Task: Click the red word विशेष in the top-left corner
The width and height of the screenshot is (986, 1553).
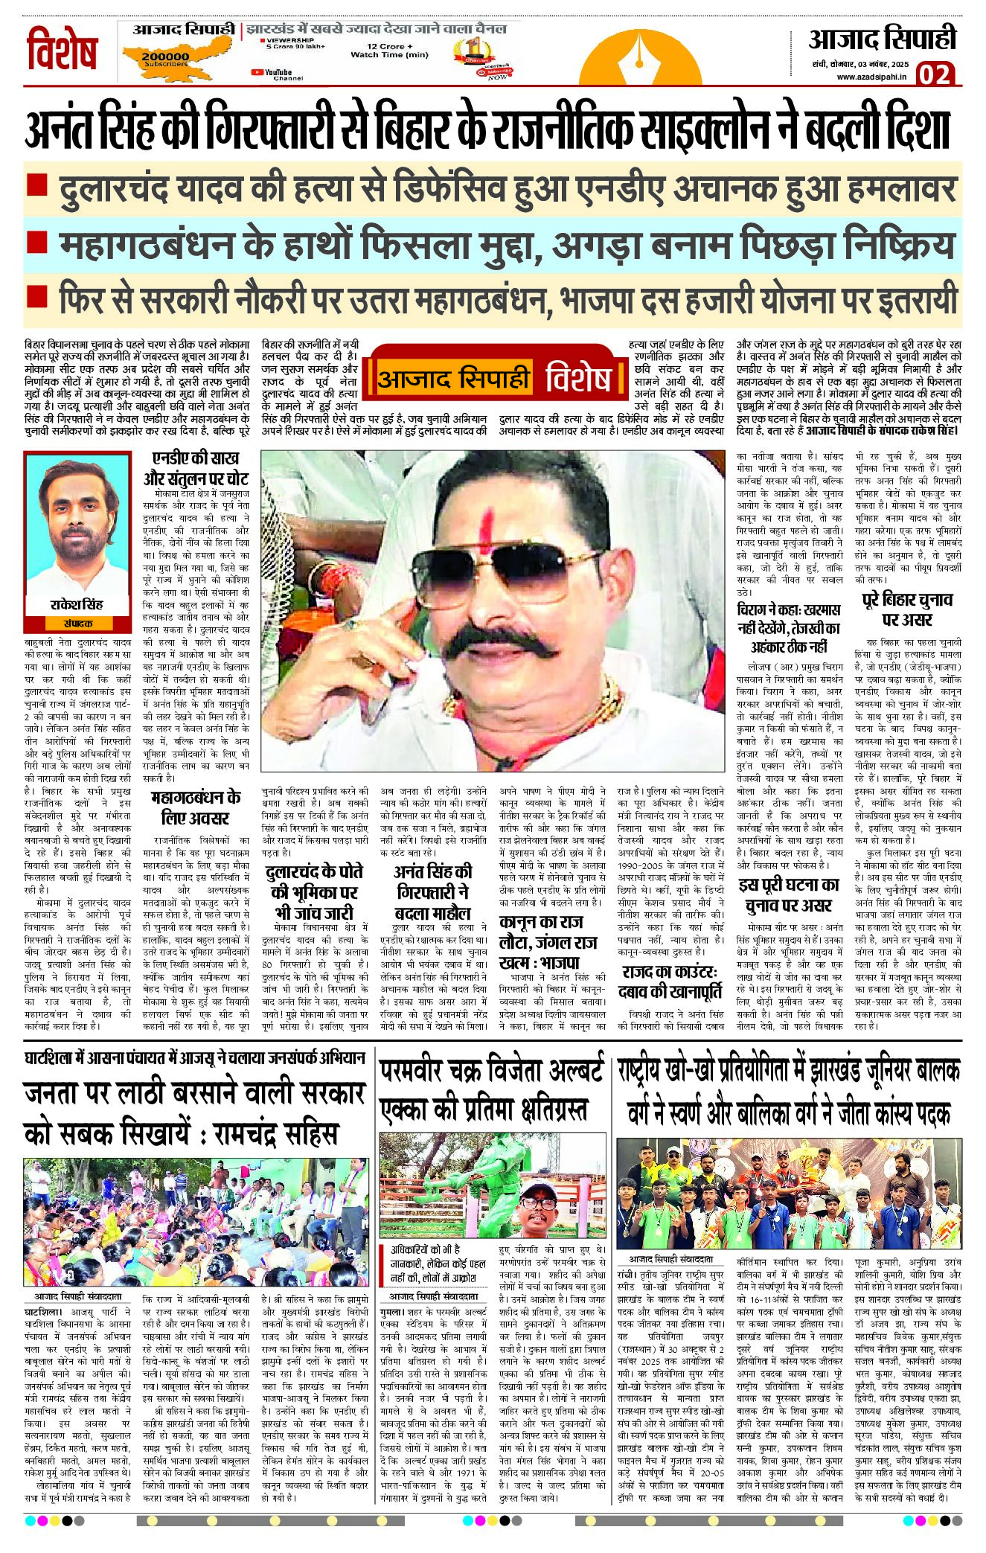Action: (62, 50)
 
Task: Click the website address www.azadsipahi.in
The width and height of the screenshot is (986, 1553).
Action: (871, 76)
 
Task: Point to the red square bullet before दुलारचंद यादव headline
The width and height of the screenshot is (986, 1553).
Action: (37, 186)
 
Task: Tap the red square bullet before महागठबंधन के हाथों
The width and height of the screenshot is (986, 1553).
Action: (37, 242)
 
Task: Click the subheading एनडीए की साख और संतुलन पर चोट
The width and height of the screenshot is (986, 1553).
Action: (196, 469)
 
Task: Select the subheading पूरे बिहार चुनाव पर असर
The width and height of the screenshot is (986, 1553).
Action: (907, 610)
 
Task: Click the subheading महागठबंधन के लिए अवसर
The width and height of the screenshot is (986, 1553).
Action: (196, 807)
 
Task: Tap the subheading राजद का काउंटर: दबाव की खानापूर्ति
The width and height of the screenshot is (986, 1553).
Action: (670, 982)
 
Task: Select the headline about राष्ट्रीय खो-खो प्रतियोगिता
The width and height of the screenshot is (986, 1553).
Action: (789, 1092)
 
